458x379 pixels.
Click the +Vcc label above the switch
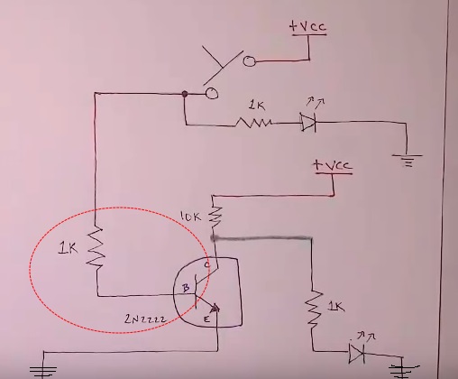[x=307, y=26]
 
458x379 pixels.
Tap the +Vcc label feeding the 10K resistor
[x=332, y=165]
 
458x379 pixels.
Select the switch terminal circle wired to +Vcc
[x=249, y=61]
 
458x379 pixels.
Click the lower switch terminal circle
[x=212, y=94]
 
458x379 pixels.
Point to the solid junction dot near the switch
[x=185, y=94]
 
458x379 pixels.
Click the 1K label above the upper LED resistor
[x=256, y=106]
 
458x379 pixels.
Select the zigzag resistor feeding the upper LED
[x=253, y=123]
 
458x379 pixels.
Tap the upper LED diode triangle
[x=308, y=123]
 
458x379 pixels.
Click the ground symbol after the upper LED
[x=407, y=161]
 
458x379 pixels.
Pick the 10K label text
[x=190, y=217]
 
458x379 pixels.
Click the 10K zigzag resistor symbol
[x=215, y=217]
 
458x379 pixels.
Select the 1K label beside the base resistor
[x=68, y=248]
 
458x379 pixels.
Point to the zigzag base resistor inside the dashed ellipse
[x=96, y=248]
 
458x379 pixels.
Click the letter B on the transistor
[x=186, y=288]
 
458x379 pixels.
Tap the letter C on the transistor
[x=206, y=264]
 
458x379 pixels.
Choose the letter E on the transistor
[x=206, y=319]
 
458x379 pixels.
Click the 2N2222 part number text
[x=145, y=319]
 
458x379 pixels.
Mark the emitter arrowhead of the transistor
[x=215, y=308]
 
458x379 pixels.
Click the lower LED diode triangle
[x=357, y=353]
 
